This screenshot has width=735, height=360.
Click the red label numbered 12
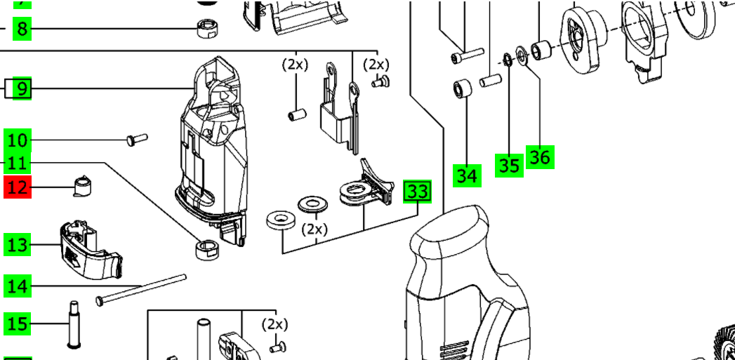tap(18, 187)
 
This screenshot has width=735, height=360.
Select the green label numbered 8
tap(22, 29)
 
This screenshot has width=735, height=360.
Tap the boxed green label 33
tap(417, 191)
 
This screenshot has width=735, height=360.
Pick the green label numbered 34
tap(467, 175)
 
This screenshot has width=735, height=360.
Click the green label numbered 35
tap(509, 165)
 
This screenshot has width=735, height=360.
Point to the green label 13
tap(18, 245)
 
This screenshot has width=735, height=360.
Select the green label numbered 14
tap(18, 286)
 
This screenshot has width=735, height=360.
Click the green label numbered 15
tap(18, 324)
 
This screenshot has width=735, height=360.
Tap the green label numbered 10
tap(18, 140)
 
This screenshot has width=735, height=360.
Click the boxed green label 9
tap(22, 89)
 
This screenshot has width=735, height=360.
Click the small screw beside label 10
tap(135, 140)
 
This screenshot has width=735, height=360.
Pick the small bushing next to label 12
tap(84, 186)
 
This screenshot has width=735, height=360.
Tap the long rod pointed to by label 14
tap(140, 288)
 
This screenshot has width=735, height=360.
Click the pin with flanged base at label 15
tap(73, 324)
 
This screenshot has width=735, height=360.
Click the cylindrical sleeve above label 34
tap(461, 90)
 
